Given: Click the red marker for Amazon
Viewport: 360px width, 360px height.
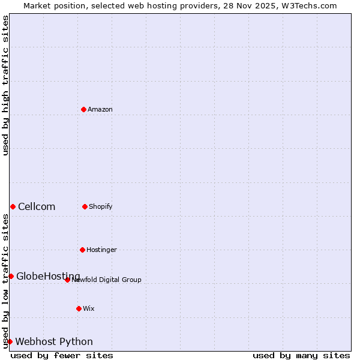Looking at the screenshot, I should point(83,109).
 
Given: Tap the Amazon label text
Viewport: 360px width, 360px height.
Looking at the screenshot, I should point(100,109).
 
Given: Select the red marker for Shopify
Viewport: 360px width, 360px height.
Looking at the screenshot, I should point(85,206).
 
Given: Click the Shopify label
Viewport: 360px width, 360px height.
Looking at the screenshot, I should point(101,206).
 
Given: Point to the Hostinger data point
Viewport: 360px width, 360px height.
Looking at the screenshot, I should point(82,250).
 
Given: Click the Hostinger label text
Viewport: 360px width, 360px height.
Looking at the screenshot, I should point(101,250).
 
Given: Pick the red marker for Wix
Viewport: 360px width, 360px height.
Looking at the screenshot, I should point(79,308).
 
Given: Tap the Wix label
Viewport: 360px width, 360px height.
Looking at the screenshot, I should point(89,308).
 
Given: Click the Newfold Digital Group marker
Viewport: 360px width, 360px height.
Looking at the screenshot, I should point(67,280).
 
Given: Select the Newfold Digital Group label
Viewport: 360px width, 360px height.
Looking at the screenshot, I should point(107,280).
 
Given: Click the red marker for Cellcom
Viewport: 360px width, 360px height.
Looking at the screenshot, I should point(13,206).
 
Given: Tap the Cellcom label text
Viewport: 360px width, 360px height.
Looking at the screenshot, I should point(37,207).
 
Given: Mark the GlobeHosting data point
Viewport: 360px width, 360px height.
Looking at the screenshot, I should point(11,276).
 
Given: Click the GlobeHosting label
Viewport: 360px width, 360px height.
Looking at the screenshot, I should point(48,276).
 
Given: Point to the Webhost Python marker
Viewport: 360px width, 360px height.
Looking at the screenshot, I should point(10,341).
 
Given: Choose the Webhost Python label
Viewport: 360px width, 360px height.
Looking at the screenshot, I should point(54,342).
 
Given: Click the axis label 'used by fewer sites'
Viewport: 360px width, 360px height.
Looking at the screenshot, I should point(62,355).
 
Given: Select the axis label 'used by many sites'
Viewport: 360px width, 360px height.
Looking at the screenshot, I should point(301,355).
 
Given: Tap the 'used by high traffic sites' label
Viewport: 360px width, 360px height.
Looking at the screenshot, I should point(5,85).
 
